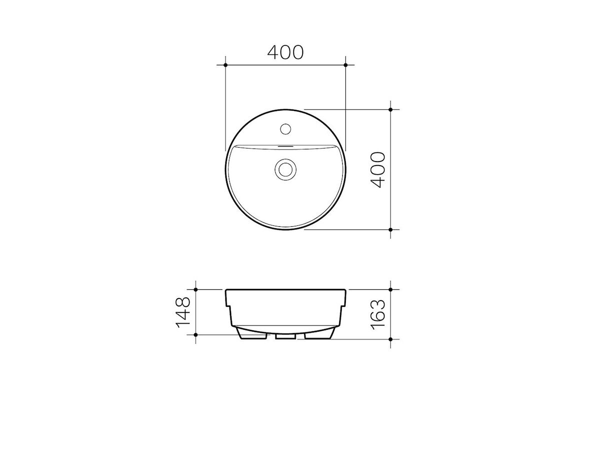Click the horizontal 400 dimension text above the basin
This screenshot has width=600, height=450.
coord(285,52)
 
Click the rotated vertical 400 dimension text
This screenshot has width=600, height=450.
coord(378,169)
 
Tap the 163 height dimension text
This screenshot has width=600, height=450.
coord(378,313)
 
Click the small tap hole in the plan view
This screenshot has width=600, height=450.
coord(285,128)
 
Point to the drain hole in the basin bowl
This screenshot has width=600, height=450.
coord(285,168)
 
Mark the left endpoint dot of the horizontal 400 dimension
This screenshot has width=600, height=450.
coord(225,65)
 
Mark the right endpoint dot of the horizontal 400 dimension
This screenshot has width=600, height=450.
coord(345,65)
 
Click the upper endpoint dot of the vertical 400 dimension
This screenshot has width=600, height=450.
coord(390,109)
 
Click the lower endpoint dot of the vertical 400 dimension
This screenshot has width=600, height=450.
coord(390,229)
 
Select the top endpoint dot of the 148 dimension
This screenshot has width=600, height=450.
coord(196,289)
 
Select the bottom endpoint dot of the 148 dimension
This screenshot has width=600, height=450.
coord(196,334)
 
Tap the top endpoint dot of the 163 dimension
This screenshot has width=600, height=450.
coord(390,289)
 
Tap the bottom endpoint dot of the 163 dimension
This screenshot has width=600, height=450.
coord(390,338)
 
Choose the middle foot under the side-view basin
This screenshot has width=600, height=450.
coord(285,335)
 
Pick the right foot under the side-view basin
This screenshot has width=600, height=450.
coord(318,334)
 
